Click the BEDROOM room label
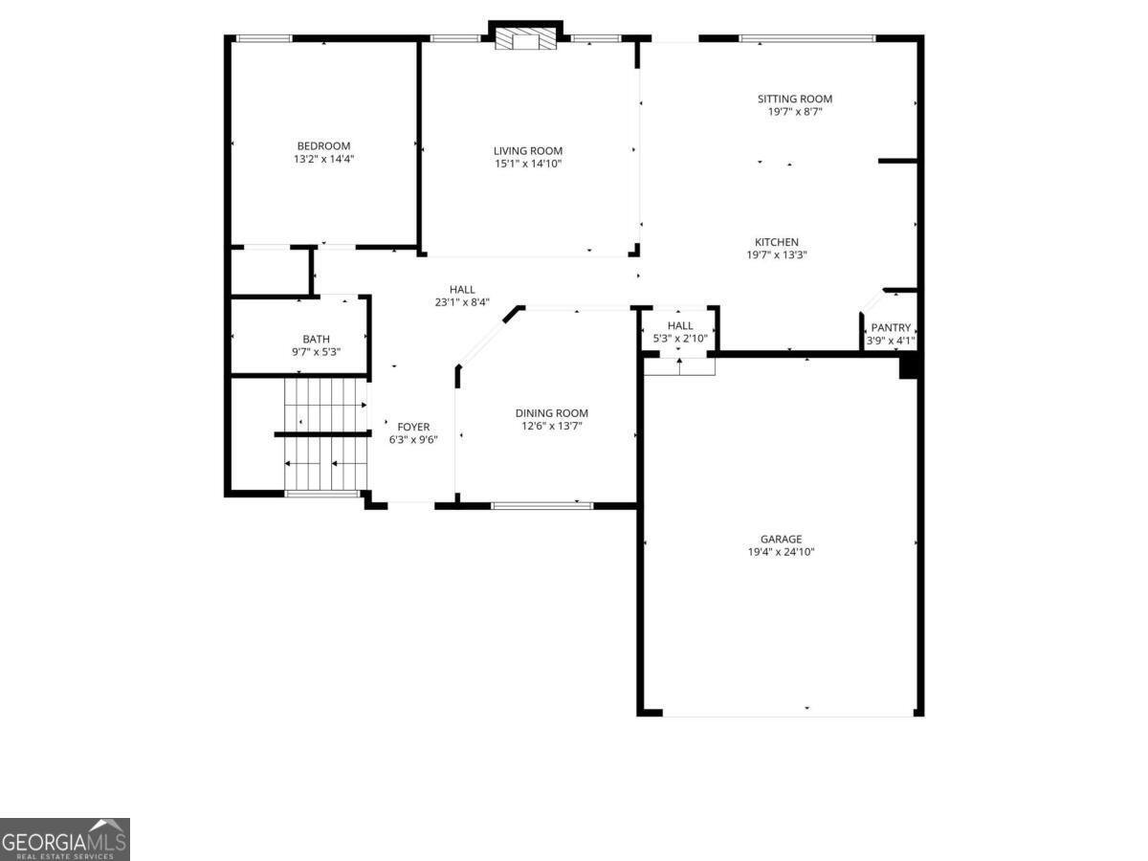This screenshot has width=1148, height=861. point(323,145)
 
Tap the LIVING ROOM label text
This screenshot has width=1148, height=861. point(527,150)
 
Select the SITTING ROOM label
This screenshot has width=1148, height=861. point(794,99)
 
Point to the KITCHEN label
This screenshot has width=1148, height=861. point(776,242)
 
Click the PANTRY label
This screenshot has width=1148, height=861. point(891,327)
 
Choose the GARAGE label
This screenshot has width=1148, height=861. point(781,539)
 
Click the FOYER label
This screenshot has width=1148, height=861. point(412,427)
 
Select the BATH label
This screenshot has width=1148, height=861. point(316,339)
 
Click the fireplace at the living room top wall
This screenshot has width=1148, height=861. point(525,39)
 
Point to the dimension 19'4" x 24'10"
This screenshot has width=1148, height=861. point(781,552)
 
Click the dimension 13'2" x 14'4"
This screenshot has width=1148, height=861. point(323,159)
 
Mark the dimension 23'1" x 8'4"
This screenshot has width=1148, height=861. point(462,302)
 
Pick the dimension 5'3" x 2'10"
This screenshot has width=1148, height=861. point(679,339)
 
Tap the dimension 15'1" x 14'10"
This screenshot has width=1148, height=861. point(527,164)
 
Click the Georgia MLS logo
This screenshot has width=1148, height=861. point(64,839)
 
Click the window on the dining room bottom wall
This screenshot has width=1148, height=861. point(541,504)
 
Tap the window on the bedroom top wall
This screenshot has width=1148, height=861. point(264,38)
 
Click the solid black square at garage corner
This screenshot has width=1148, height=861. point(909,366)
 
